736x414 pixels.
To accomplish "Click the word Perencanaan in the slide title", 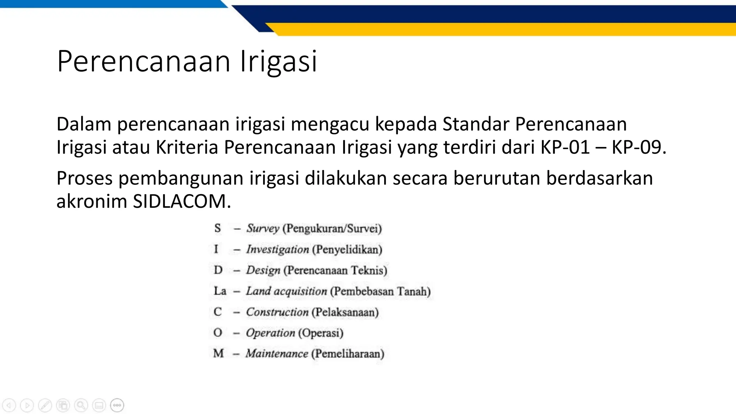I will [143, 61].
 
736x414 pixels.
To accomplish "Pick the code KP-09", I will [639, 147].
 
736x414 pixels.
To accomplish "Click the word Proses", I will [84, 178].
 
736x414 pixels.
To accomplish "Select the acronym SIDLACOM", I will [182, 201].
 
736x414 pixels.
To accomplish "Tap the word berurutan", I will [496, 178].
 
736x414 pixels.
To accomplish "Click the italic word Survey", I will [263, 228].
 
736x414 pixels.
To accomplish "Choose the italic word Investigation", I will [277, 249].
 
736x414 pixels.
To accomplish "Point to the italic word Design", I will [263, 270].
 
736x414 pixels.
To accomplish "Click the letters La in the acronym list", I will [220, 291].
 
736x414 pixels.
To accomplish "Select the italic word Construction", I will [277, 312].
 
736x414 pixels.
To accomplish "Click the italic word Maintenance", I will [277, 354].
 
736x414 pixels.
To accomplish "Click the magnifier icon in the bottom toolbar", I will [81, 405].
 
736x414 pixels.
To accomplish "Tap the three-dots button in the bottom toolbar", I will [117, 405].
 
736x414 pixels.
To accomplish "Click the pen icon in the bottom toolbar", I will [45, 405].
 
